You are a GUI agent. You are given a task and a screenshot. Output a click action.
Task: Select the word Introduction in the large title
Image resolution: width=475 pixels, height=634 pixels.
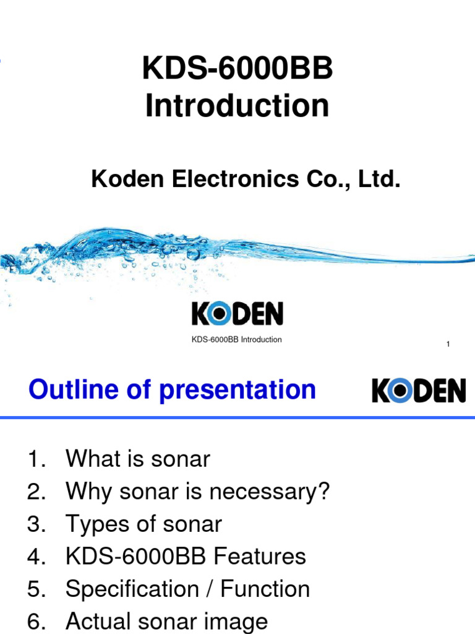pos(237,106)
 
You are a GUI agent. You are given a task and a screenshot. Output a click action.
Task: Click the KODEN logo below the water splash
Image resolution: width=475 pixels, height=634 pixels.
pos(237,314)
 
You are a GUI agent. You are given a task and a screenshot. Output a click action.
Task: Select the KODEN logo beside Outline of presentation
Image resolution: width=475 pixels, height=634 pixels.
pos(419,391)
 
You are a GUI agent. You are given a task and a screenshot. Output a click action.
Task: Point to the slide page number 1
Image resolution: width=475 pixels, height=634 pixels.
pos(448,344)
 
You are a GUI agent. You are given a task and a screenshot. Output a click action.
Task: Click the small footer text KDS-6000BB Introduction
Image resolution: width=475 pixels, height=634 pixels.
pos(237,339)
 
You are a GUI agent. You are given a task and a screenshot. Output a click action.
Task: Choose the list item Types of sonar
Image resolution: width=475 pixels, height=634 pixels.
pos(143,524)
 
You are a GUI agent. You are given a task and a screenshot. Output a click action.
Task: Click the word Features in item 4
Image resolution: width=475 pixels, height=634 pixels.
pos(260,557)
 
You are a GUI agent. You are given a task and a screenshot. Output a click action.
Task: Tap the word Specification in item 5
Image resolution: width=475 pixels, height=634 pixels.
pos(129,589)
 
